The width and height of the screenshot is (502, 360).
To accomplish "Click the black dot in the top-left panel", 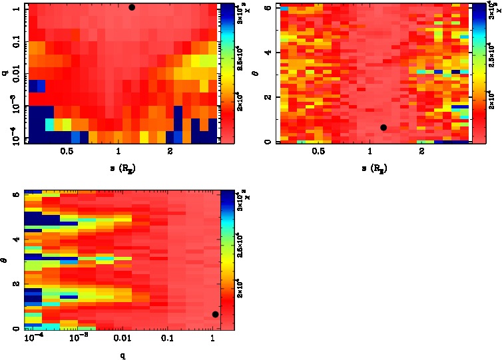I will click(x=132, y=7).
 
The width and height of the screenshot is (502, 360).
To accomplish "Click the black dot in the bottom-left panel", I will click(x=215, y=314).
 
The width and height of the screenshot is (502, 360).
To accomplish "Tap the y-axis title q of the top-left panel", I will click(x=5, y=73).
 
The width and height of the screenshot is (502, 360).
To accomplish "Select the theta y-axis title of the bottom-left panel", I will click(x=5, y=261).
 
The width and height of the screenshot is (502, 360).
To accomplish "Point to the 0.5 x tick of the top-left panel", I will click(x=67, y=152).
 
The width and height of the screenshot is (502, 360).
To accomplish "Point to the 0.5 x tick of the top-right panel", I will click(x=318, y=152).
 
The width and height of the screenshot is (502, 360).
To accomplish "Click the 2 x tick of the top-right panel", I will click(x=422, y=152).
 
